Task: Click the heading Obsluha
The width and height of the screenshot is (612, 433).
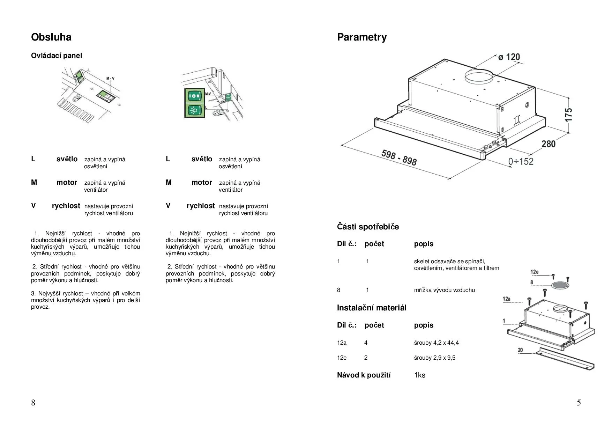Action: [x=51, y=37]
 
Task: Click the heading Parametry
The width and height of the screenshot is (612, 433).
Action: [x=361, y=37]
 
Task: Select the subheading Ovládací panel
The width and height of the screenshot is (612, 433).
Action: [x=57, y=56]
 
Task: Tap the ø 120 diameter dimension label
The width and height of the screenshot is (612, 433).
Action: [x=509, y=57]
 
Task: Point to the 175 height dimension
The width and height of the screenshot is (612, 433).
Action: [x=568, y=115]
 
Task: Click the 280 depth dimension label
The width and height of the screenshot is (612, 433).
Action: [x=548, y=144]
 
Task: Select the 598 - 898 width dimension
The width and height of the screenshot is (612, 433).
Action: [x=399, y=157]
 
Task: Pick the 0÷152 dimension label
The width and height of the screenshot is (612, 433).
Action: [x=521, y=161]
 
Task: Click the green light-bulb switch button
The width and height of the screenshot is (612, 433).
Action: [x=195, y=111]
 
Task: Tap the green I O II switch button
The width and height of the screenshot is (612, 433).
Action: [x=195, y=95]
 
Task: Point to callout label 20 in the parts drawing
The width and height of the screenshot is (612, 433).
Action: [x=520, y=350]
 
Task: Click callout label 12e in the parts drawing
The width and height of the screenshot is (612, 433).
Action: [x=534, y=272]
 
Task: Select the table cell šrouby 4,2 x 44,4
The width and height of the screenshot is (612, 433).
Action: [x=436, y=343]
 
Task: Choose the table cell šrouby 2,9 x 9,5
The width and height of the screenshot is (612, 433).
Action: [x=434, y=358]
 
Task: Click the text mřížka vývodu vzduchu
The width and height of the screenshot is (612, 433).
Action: [x=444, y=290]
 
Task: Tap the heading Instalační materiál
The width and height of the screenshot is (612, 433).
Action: [x=372, y=308]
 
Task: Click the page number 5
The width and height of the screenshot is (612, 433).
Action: [x=579, y=403]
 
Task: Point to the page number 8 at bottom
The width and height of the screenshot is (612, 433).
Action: [x=33, y=403]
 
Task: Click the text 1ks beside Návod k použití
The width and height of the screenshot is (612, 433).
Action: [x=420, y=375]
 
